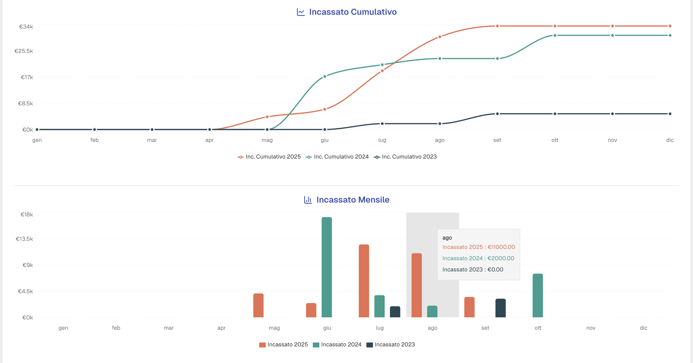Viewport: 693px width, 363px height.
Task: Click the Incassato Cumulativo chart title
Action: pos(352,12)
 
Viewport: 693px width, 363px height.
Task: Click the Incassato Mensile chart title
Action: pos(352,200)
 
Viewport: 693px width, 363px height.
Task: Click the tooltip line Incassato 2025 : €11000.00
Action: pos(478,247)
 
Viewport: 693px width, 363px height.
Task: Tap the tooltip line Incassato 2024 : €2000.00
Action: pos(478,258)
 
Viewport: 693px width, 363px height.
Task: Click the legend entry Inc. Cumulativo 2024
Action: pos(341,157)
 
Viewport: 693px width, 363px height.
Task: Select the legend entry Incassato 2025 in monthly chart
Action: pos(287,345)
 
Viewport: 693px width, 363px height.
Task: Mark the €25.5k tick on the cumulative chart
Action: pos(24,51)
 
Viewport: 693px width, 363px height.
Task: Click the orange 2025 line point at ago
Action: pos(440,37)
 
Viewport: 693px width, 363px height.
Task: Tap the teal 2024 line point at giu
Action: pos(325,76)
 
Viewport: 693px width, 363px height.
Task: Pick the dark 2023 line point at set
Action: pos(497,114)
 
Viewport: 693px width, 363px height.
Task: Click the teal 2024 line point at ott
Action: pos(555,36)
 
